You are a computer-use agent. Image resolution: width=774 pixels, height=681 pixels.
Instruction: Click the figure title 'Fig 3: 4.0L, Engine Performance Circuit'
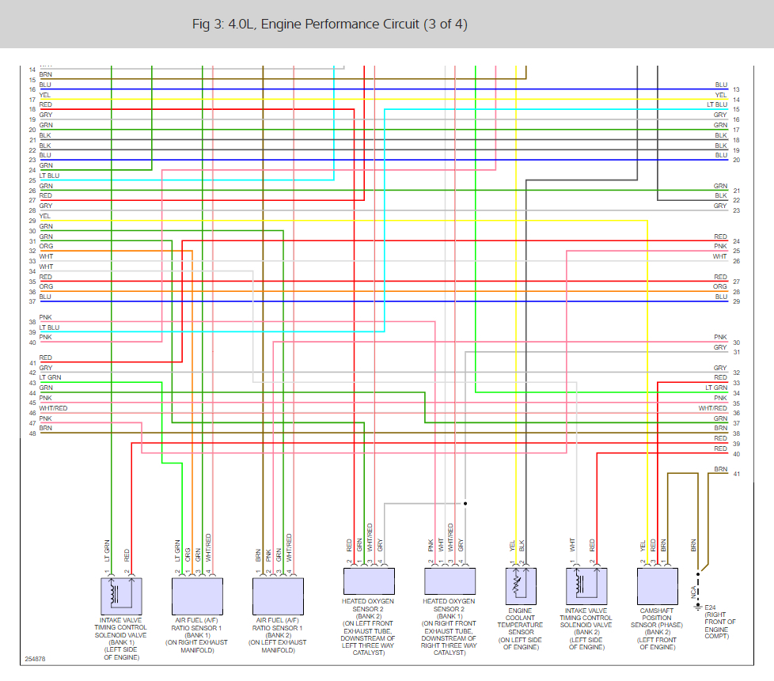pyautogui.click(x=329, y=25)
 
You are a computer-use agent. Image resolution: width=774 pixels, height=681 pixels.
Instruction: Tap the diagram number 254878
pyautogui.click(x=36, y=658)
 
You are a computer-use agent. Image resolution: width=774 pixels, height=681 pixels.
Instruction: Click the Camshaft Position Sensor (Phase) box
pyautogui.click(x=658, y=586)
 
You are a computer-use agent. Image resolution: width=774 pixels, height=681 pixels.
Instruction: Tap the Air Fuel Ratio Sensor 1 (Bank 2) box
pyautogui.click(x=278, y=595)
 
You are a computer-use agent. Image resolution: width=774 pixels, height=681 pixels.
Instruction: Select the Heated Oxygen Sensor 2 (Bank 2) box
pyautogui.click(x=368, y=581)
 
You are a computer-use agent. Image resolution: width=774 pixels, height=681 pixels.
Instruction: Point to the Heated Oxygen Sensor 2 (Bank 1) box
pyautogui.click(x=450, y=581)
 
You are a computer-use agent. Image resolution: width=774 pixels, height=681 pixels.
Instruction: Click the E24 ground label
pyautogui.click(x=710, y=607)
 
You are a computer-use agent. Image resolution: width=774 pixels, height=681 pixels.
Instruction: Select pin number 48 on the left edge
pyautogui.click(x=32, y=433)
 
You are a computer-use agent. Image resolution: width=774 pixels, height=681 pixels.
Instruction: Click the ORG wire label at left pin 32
pyautogui.click(x=46, y=247)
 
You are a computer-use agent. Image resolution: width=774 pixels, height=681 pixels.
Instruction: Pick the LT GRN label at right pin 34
pyautogui.click(x=715, y=388)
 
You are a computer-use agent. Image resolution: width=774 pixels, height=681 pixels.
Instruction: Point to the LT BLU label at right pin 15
pyautogui.click(x=716, y=104)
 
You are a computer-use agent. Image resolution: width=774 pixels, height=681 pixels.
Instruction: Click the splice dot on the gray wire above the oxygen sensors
pyautogui.click(x=465, y=503)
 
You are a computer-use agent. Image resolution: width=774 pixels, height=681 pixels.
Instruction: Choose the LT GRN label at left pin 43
pyautogui.click(x=50, y=377)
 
